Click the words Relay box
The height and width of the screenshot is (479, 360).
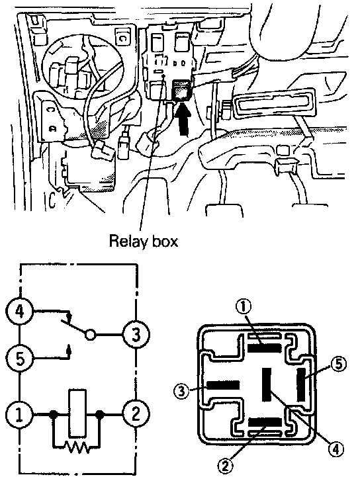coord(144,241)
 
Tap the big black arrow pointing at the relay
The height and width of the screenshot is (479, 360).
coord(184,119)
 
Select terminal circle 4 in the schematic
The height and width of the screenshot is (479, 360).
coord(20,312)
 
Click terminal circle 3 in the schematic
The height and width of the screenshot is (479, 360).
coord(136,335)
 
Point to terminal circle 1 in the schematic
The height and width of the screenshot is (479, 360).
coord(20,415)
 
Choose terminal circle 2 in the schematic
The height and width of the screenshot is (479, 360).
coord(136,414)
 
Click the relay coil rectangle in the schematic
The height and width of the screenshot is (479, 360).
coord(77,413)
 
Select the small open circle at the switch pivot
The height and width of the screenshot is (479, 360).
coord(90,335)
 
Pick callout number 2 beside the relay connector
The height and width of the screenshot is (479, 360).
coord(225,466)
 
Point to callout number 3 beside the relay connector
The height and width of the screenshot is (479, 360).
coord(182,391)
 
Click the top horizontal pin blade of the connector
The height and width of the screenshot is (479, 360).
coord(264,348)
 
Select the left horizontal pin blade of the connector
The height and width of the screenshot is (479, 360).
coord(223,385)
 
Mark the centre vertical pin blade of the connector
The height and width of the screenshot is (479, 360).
coord(267,384)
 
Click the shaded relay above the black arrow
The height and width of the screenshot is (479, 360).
coord(183,90)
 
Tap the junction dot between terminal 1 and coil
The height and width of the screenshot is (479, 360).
coord(54,415)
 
